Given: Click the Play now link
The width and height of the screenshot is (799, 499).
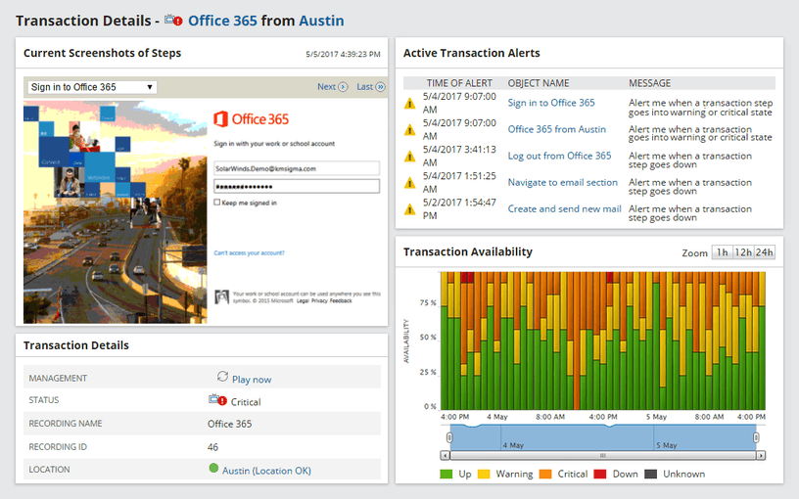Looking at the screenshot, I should [252, 379].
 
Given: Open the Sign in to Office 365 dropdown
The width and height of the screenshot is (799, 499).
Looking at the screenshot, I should [92, 87].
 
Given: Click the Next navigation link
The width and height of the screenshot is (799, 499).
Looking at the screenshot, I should [332, 87].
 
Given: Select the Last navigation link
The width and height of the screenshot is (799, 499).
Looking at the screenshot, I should [370, 87].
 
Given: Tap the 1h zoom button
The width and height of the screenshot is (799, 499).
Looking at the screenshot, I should [722, 252].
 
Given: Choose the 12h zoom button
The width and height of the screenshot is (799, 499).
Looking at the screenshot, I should [742, 252].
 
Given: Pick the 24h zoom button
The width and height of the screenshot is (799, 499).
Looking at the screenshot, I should [764, 252].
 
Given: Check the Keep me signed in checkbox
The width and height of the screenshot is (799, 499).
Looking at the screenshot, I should [216, 203].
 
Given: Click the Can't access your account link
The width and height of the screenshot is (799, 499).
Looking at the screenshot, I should [249, 252].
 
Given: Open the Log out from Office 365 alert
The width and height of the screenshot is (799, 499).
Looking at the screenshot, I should [559, 156].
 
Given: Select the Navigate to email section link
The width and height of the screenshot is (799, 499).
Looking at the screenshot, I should [562, 182].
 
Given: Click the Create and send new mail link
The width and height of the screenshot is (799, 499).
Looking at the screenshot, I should [564, 208].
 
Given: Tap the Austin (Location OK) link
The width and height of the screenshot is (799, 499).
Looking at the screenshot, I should [266, 471].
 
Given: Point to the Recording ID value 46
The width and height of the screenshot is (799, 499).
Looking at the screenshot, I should [212, 447].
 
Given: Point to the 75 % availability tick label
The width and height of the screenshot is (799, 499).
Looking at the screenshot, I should [427, 303].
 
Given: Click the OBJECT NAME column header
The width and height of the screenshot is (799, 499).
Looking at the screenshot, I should [538, 83].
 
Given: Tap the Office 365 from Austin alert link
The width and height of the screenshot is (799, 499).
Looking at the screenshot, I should [556, 129].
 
